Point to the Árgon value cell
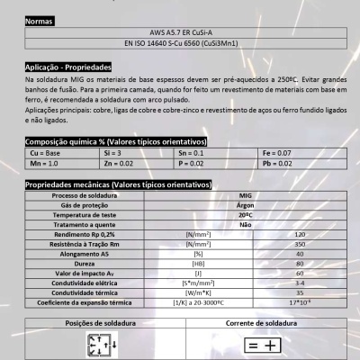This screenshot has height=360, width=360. point(245,205)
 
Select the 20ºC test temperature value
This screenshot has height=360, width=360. point(245,215)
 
